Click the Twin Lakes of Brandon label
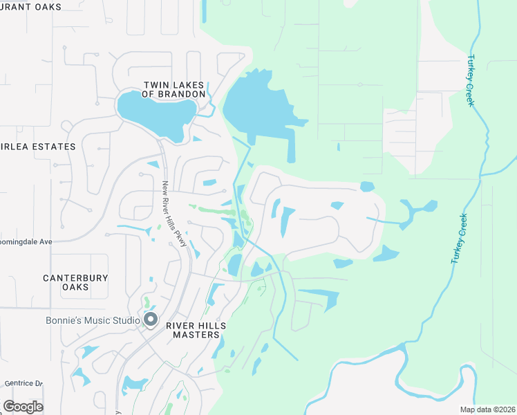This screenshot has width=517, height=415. coord(174,89)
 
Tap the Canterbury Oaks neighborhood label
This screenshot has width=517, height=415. coord(75,282)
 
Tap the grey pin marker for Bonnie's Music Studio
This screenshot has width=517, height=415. coord(151,320)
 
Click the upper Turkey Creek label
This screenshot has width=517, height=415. coord(471,80)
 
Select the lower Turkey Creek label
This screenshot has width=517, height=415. coord(460,239)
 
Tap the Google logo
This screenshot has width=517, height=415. coord(23,406)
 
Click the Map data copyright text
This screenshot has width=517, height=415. coord(487,409)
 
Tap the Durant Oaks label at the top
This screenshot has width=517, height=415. coord(30,7)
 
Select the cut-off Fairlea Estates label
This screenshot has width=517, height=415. coord(37,147)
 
